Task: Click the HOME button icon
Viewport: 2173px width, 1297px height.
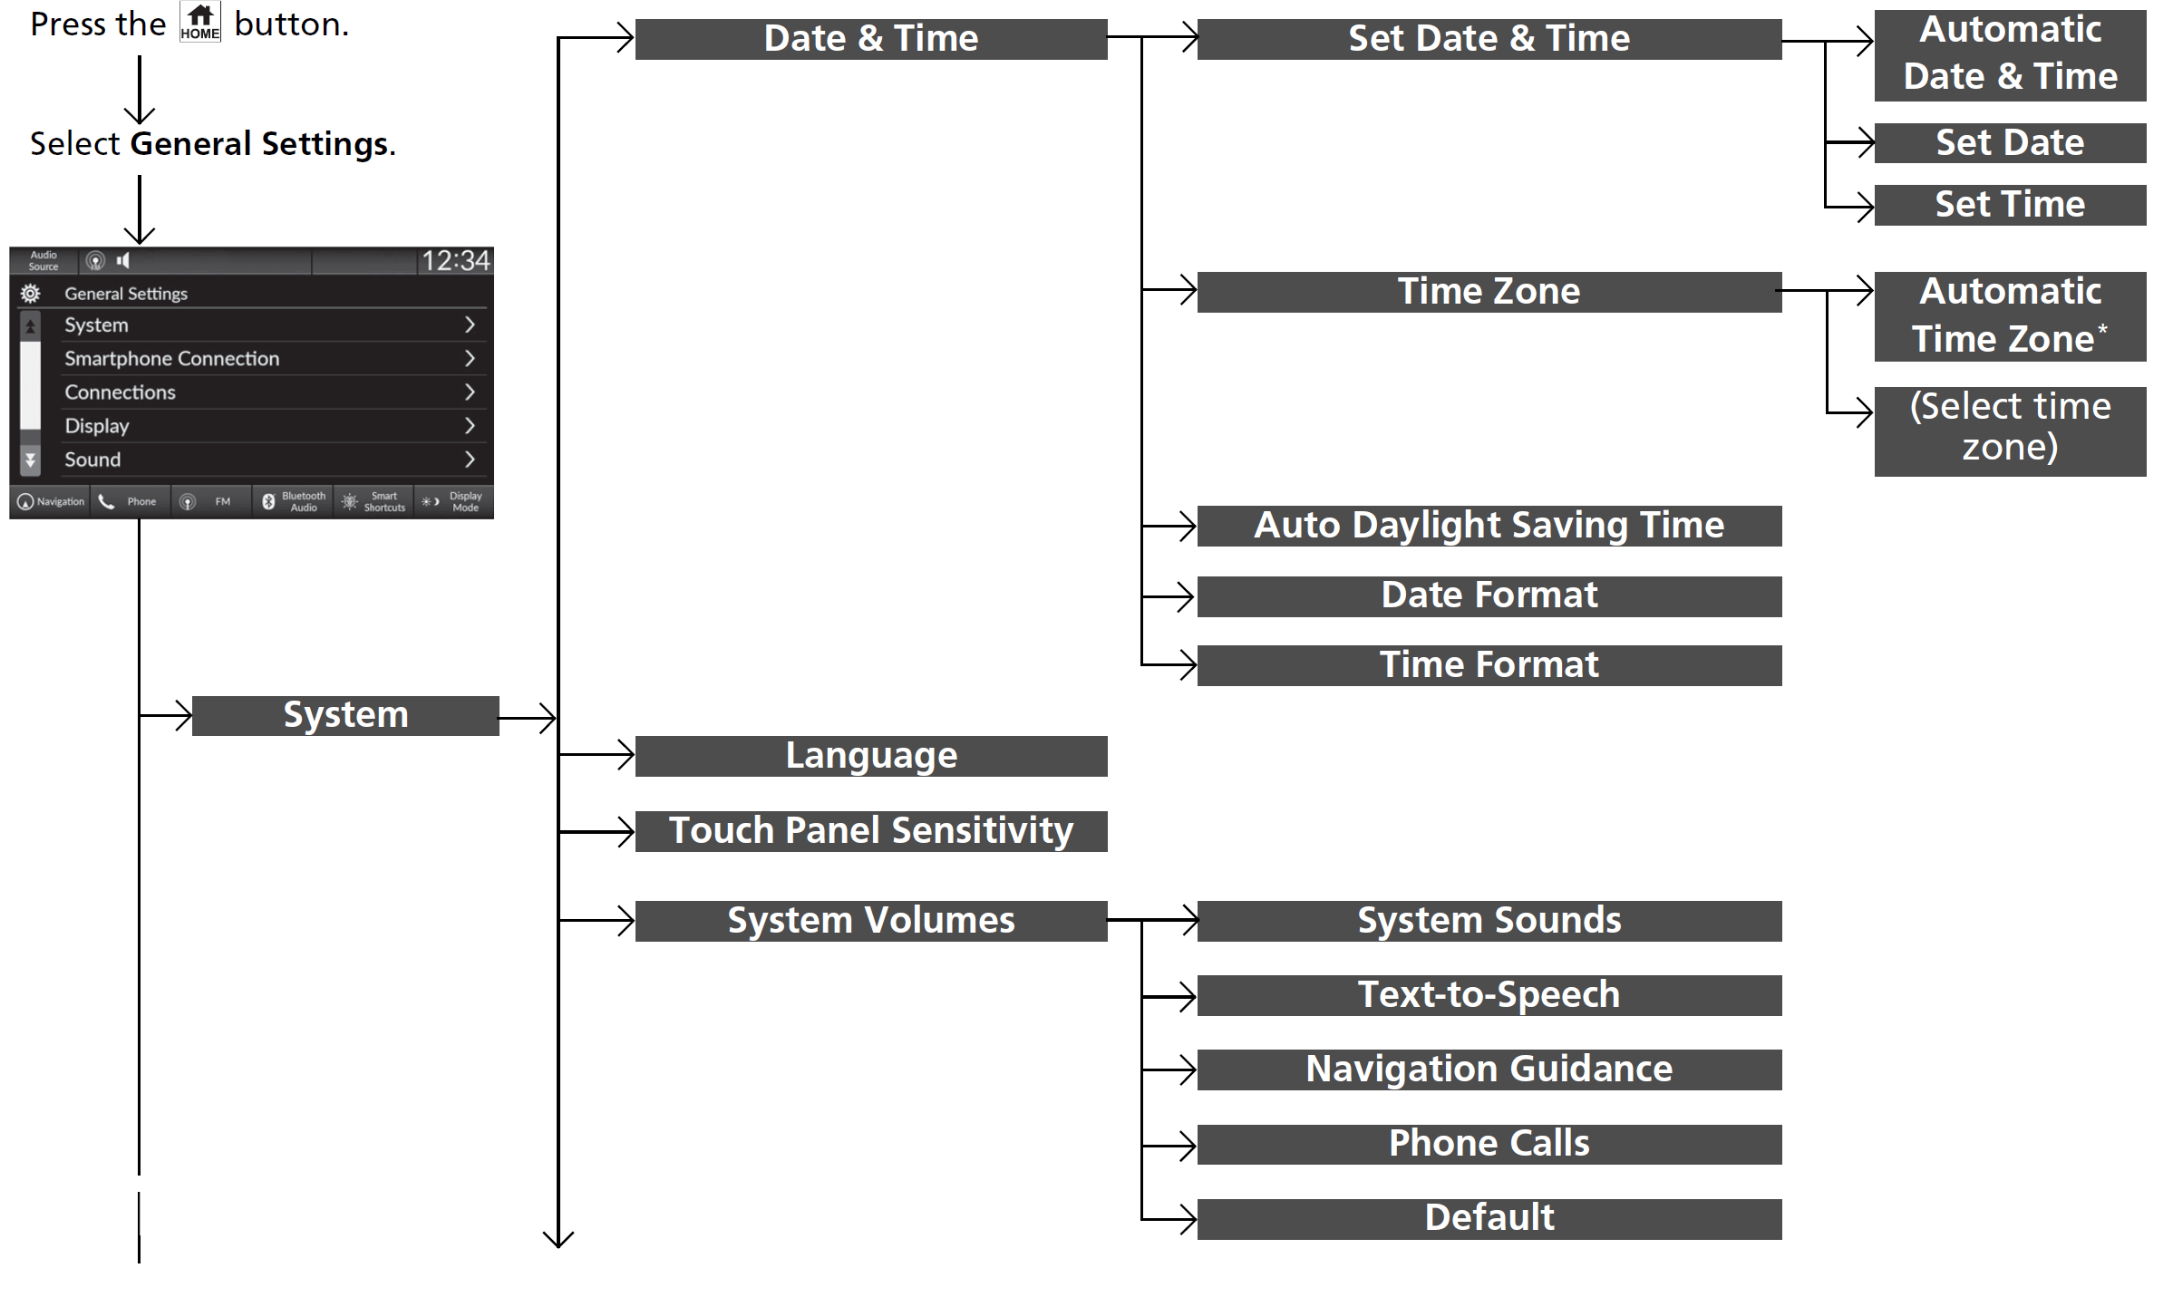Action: (x=199, y=23)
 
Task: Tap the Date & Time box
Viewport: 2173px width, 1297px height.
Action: (x=870, y=39)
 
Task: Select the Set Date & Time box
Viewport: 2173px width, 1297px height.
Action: (x=1489, y=39)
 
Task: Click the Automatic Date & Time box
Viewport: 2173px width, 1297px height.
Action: (x=2009, y=54)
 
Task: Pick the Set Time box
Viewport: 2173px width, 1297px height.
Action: (x=2009, y=205)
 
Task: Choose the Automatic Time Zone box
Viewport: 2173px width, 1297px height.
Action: (x=2009, y=316)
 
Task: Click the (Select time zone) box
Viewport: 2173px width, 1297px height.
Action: (x=2009, y=431)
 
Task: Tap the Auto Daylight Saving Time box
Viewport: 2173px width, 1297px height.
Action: (x=1489, y=526)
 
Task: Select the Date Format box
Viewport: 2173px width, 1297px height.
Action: (x=1489, y=596)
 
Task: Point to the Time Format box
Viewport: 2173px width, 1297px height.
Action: (x=1489, y=665)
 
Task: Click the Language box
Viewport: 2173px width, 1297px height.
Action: (x=870, y=756)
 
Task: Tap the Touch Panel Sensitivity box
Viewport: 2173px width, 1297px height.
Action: (x=870, y=831)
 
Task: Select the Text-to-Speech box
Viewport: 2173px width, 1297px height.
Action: (x=1489, y=995)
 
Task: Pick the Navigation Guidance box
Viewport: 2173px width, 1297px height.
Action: (x=1489, y=1070)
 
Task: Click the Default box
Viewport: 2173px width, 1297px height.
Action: (x=1489, y=1218)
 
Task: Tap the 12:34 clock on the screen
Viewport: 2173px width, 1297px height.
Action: (x=455, y=261)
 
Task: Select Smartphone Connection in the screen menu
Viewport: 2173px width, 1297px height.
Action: (x=172, y=359)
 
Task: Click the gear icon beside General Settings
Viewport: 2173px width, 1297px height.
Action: (x=30, y=294)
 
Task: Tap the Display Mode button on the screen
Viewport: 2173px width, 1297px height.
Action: (x=454, y=501)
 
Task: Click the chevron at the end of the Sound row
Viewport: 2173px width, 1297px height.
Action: (x=470, y=460)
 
